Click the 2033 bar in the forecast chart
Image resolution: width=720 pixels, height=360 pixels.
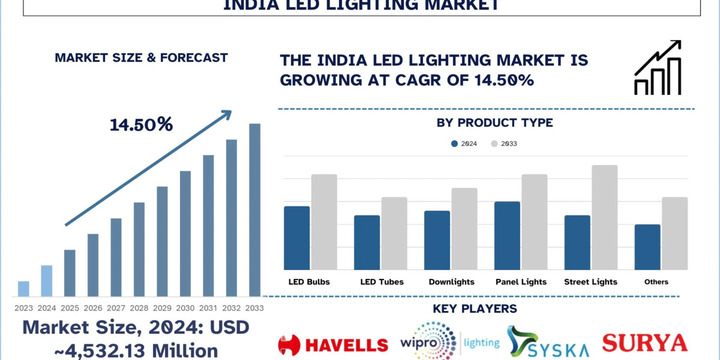pyautogui.click(x=255, y=210)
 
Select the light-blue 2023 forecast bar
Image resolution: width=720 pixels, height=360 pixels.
pyautogui.click(x=23, y=289)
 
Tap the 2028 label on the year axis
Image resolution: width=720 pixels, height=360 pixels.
pyautogui.click(x=139, y=308)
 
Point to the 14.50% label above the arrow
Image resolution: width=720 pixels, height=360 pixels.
pyautogui.click(x=141, y=125)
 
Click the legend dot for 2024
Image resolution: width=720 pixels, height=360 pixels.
pyautogui.click(x=454, y=144)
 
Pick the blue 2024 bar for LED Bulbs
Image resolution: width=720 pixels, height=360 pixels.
pyautogui.click(x=297, y=238)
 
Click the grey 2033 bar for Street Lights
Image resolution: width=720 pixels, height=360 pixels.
pyautogui.click(x=605, y=217)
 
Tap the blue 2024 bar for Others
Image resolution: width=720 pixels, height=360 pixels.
pyautogui.click(x=647, y=247)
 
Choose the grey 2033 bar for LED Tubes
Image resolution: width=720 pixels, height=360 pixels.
pyautogui.click(x=394, y=233)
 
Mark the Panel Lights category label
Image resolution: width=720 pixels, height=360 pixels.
pyautogui.click(x=521, y=282)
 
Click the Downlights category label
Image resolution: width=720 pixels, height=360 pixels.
pyautogui.click(x=451, y=282)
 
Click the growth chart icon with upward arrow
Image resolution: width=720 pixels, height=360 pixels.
pyautogui.click(x=658, y=68)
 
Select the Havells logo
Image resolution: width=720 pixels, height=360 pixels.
pyautogui.click(x=333, y=344)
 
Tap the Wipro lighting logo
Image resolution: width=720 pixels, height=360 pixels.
pyautogui.click(x=450, y=343)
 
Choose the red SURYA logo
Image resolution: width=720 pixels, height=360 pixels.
pyautogui.click(x=644, y=343)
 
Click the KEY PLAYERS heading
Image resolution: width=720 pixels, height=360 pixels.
pyautogui.click(x=475, y=309)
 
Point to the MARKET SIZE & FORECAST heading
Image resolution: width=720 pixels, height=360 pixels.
pyautogui.click(x=141, y=58)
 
